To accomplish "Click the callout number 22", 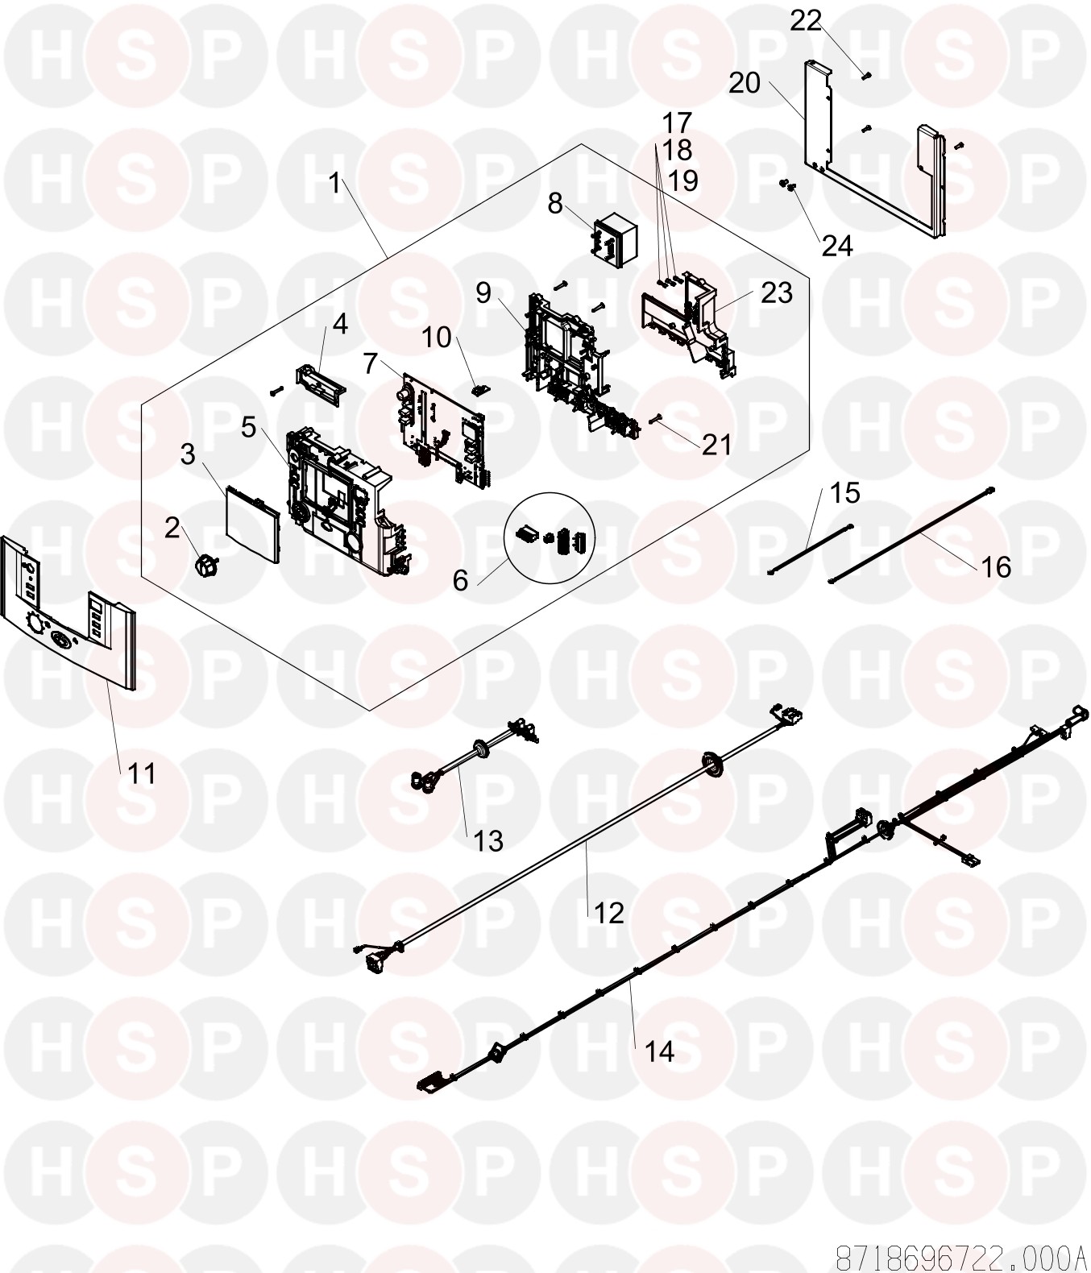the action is coord(805,22).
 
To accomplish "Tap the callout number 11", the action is coord(141,774).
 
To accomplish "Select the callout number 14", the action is coord(659,1051).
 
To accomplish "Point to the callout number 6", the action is coord(460,580).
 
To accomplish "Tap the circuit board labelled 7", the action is coord(444,429).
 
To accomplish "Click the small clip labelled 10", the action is coord(479,390).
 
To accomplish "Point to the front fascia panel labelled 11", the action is coord(68,613).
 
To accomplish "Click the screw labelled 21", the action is coord(655,420).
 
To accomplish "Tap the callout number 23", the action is coord(776,293).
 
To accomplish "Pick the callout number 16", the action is coord(995,567).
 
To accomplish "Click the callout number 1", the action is coord(334,183).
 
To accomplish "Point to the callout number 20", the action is coord(745,83).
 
